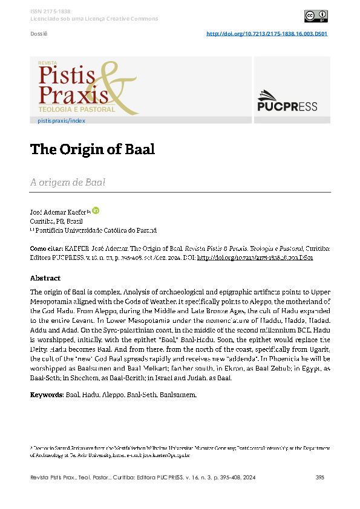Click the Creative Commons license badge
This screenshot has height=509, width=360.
click(x=316, y=16)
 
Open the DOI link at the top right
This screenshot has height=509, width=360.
click(x=267, y=34)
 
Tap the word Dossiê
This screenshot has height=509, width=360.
click(x=39, y=34)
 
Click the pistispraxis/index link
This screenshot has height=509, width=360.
click(x=61, y=121)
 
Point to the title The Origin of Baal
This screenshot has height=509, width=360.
click(x=93, y=149)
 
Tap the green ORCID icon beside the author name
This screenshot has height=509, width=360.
click(x=96, y=211)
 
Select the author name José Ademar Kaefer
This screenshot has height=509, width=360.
click(x=57, y=213)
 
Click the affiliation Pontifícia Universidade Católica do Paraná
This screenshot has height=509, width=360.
click(x=96, y=230)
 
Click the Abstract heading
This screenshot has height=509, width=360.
click(x=45, y=278)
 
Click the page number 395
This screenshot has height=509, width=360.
click(x=321, y=478)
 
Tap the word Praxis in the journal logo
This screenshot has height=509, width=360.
click(x=73, y=94)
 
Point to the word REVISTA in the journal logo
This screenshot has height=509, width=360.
click(x=47, y=62)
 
